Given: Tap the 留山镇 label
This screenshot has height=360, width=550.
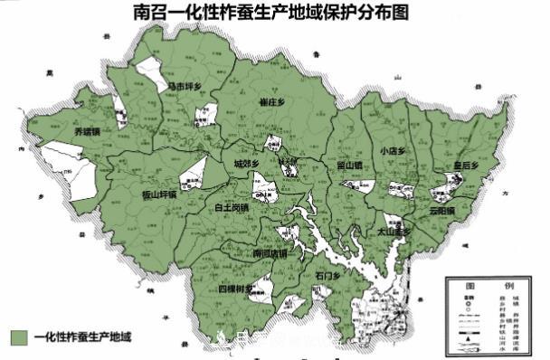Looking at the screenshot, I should pyautogui.click(x=348, y=165).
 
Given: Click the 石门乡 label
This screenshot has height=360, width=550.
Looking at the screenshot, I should pyautogui.click(x=327, y=276).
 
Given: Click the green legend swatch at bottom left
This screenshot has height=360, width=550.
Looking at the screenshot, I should pyautogui.click(x=19, y=337).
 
